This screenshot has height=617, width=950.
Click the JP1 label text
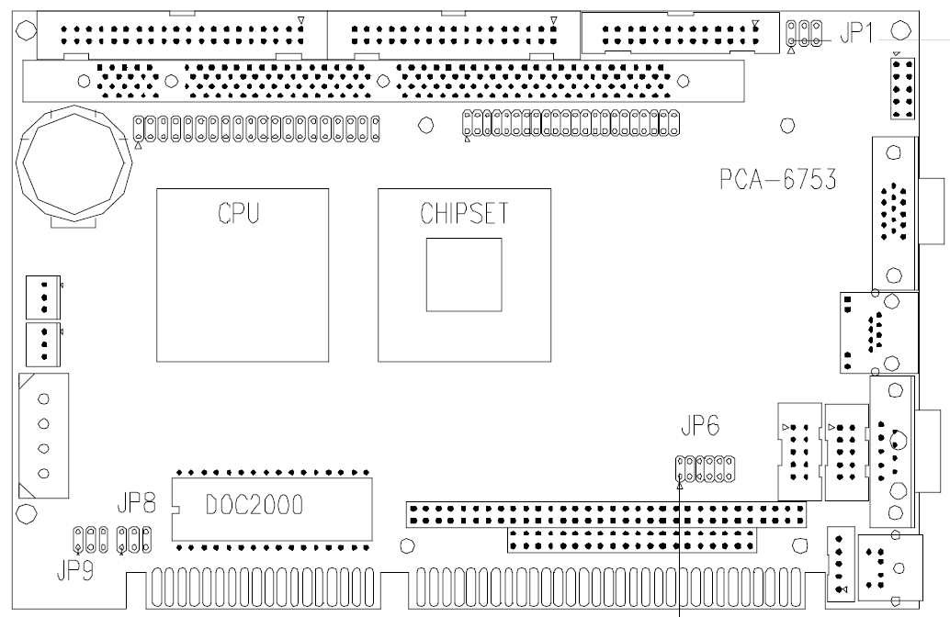point(855,33)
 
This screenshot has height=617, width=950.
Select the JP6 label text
point(699,427)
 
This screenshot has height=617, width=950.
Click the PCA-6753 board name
point(777,179)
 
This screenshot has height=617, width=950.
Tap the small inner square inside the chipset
point(463,275)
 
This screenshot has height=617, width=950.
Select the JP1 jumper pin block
point(802,34)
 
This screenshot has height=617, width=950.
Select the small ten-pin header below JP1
point(902,92)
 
